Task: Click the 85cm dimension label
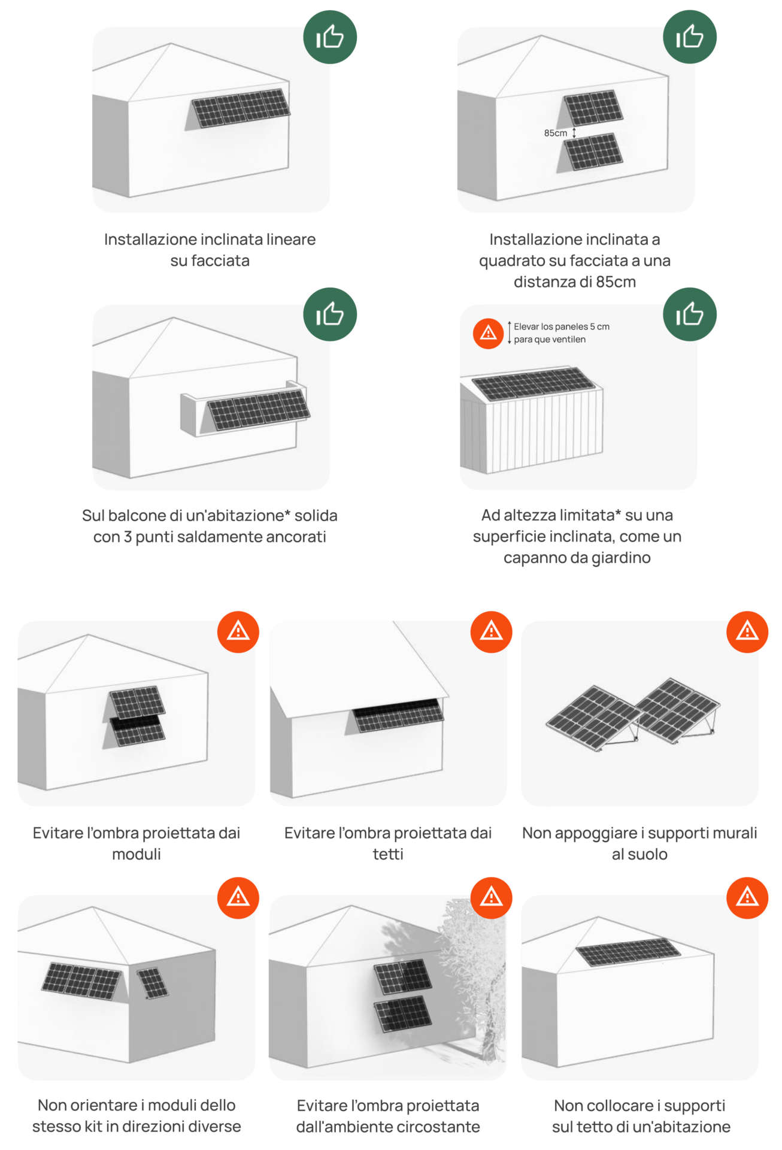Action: pos(555,133)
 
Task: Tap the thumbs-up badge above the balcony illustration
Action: pos(330,314)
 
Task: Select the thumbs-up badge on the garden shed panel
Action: pos(689,314)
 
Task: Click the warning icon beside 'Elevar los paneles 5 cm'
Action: pos(488,333)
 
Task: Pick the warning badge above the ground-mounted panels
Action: pos(747,632)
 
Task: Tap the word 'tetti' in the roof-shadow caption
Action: pos(388,854)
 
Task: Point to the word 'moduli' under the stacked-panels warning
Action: pos(137,854)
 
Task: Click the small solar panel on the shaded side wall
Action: pos(152,983)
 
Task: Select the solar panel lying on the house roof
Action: pos(628,952)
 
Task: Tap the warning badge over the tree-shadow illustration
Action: pos(492,898)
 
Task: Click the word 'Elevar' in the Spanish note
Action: pos(526,326)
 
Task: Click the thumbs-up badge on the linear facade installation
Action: pos(330,37)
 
